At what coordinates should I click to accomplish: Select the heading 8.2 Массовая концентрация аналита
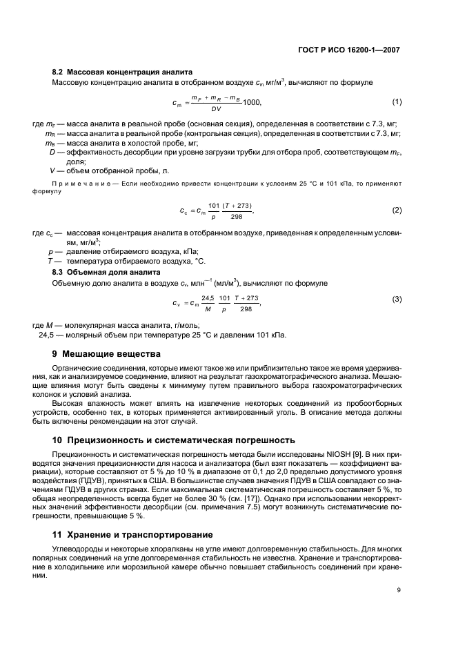pos(122,72)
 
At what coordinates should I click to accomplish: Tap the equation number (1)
pos(397,102)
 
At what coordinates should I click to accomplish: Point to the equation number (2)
pos(397,210)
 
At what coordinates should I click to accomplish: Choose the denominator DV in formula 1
pos(216,109)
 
